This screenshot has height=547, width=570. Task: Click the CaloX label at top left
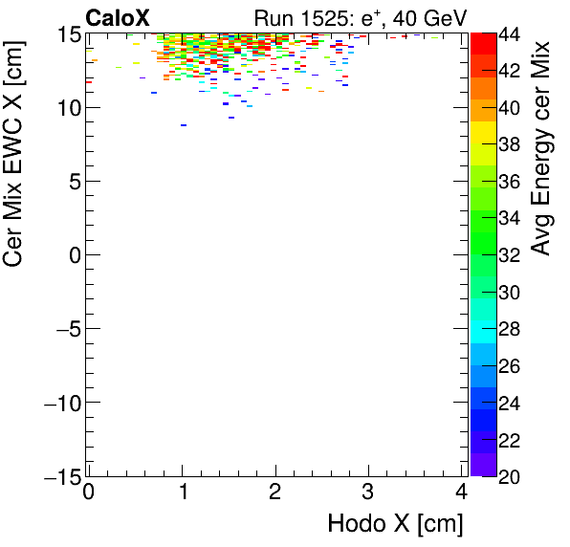118,17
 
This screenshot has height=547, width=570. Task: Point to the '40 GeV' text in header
427,17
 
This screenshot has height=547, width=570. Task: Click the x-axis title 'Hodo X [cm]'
395,523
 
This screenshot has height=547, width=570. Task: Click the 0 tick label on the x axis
88,492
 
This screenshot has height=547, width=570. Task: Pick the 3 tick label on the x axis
368,492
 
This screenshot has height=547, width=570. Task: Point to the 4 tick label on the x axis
461,492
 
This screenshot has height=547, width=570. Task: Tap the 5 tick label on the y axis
74,181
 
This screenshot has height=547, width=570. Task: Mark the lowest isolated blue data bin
183,125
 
